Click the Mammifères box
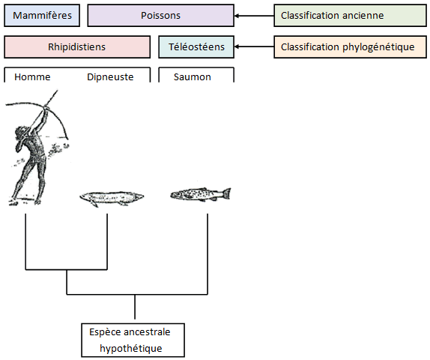pyautogui.click(x=42, y=16)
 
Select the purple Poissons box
pyautogui.click(x=161, y=16)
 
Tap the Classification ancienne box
pyautogui.click(x=350, y=16)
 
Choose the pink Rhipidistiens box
pyautogui.click(x=77, y=46)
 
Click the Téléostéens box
pyautogui.click(x=196, y=46)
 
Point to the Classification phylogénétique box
pyautogui.click(x=350, y=46)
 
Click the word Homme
pyautogui.click(x=32, y=77)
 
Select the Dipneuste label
pyautogui.click(x=110, y=77)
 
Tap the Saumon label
pyautogui.click(x=193, y=77)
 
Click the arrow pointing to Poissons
pyautogui.click(x=254, y=16)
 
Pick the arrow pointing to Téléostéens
pyautogui.click(x=254, y=46)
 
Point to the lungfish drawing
pyautogui.click(x=112, y=198)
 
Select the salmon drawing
pyautogui.click(x=201, y=194)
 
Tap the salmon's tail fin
pyautogui.click(x=226, y=193)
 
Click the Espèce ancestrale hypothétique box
pyautogui.click(x=133, y=340)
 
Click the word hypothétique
pyautogui.click(x=131, y=349)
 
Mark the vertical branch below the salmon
pyautogui.click(x=208, y=254)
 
